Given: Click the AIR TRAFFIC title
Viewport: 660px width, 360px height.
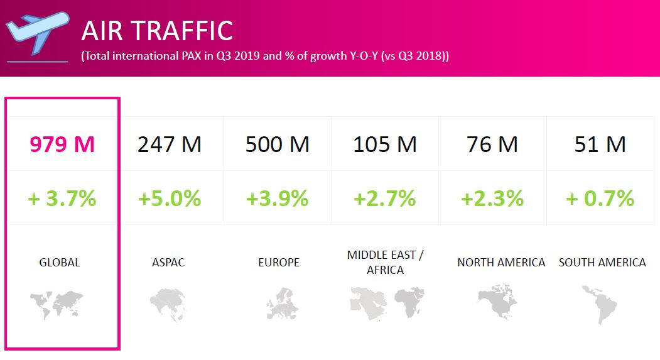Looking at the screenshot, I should (157, 31).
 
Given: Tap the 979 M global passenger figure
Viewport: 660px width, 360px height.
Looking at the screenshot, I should (62, 145).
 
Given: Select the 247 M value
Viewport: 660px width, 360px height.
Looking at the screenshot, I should (170, 145).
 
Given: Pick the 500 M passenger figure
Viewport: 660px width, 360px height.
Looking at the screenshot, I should (277, 145).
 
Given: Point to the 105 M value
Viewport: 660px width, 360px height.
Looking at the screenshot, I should (385, 145).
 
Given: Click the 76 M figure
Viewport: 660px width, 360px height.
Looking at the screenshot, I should (492, 145).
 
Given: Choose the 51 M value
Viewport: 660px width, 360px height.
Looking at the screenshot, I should (600, 145).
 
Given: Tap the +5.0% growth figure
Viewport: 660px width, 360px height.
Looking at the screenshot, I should (170, 199).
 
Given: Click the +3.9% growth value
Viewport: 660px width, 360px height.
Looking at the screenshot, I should (277, 199).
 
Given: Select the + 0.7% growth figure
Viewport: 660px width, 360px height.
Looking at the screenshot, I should (600, 199).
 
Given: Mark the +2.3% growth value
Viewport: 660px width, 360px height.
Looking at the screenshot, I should (492, 199).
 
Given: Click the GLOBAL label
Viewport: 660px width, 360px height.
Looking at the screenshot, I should (60, 263).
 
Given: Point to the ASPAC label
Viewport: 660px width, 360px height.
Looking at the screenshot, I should (168, 263).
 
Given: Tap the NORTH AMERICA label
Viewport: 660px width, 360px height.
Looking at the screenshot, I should (501, 263).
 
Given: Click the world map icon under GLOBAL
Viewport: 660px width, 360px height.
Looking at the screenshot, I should (57, 303).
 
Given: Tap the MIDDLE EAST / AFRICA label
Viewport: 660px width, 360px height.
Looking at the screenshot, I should (385, 263).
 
